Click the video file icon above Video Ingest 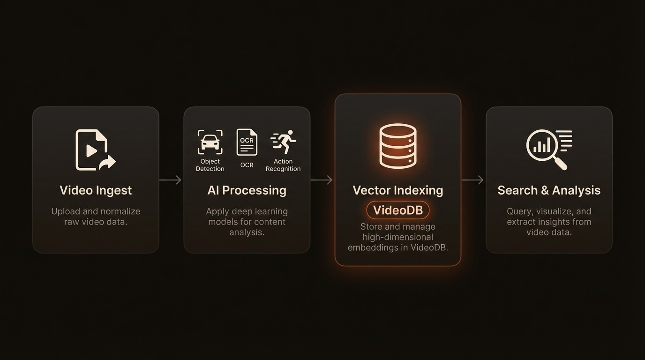(93, 150)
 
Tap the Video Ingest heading (96, 190)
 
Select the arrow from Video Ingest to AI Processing (171, 180)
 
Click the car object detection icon (210, 142)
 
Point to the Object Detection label (210, 165)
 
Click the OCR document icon (247, 142)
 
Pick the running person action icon (283, 142)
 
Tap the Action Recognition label (283, 165)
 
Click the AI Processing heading (247, 190)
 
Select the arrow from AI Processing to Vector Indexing (322, 180)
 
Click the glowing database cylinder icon (397, 146)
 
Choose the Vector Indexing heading (397, 190)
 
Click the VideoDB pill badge (397, 210)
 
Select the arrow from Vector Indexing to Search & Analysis (472, 180)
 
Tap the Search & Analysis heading (549, 190)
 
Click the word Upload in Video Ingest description (66, 211)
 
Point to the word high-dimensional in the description (397, 237)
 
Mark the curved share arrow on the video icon (107, 163)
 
